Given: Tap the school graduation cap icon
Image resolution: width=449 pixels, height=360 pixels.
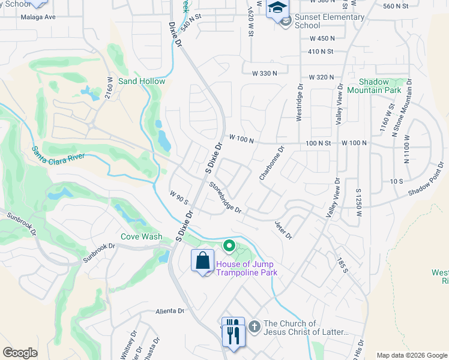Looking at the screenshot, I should [x=277, y=8].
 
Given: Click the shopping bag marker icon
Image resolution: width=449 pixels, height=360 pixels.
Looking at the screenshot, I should [x=203, y=260].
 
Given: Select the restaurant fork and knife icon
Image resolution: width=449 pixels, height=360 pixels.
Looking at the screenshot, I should [x=233, y=331].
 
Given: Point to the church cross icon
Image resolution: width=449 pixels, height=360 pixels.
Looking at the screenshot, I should [x=254, y=327].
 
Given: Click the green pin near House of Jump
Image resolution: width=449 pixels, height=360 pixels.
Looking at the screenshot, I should [x=229, y=246].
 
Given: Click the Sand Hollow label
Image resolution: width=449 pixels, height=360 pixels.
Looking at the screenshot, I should [x=142, y=81].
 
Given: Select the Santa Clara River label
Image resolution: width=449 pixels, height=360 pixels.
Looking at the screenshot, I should [x=59, y=152].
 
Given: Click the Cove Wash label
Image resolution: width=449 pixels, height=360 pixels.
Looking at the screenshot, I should [x=141, y=236].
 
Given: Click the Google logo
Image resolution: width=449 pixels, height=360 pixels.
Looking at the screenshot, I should [x=20, y=353].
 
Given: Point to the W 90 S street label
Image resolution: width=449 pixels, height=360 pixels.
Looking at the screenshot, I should [x=179, y=197].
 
